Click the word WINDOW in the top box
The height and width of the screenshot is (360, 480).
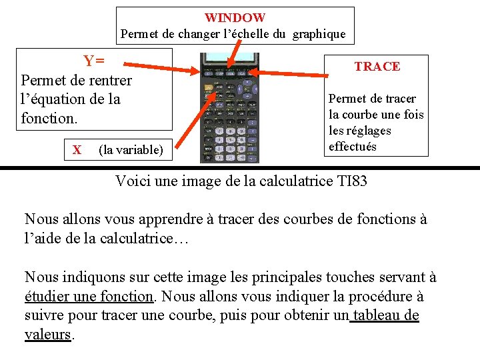235,18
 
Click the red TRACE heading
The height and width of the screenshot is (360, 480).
377,66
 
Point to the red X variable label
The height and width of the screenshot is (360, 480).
77,150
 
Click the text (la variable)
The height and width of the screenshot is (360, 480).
131,150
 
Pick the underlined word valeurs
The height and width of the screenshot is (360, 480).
47,335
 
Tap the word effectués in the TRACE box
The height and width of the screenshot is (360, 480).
353,147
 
